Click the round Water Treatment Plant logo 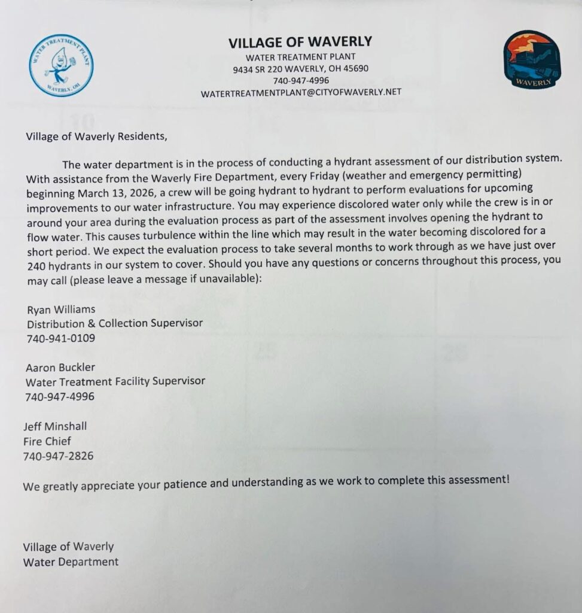(x=61, y=65)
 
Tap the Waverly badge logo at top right (x=531, y=60)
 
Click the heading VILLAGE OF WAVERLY (x=300, y=42)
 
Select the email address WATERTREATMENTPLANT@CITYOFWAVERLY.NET (x=301, y=92)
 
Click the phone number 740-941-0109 (x=60, y=338)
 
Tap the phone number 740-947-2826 (x=58, y=456)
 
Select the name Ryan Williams (x=61, y=309)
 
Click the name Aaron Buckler (x=60, y=367)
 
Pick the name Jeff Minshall (x=55, y=426)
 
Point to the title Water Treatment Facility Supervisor (x=115, y=381)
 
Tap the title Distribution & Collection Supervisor (x=114, y=323)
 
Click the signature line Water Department (x=71, y=562)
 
